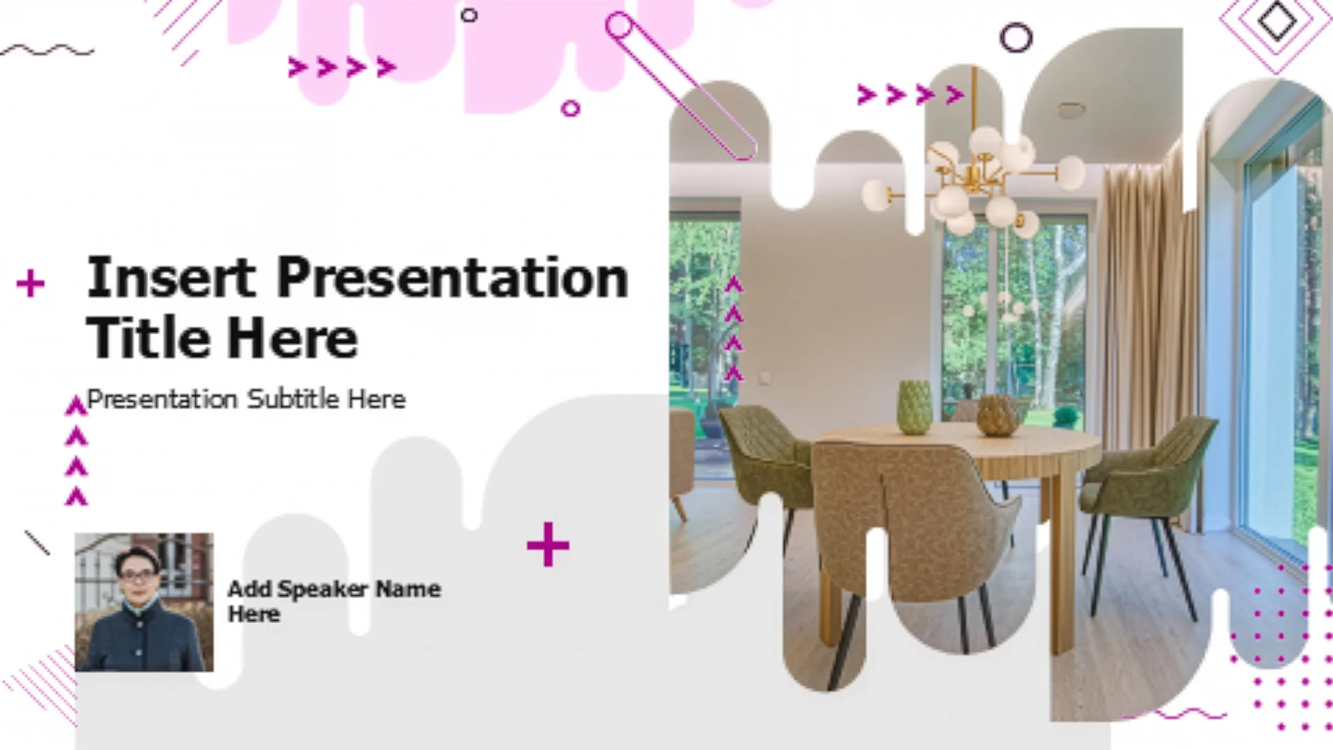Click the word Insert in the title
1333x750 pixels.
pos(171,278)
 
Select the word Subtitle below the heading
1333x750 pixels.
pos(294,399)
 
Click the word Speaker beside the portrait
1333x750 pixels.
pos(323,589)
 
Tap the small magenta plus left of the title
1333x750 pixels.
pos(31,283)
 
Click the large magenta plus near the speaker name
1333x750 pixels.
pos(548,544)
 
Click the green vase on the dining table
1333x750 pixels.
pos(914,408)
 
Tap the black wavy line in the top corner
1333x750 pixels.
pos(47,50)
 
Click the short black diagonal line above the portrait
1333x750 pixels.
pos(37,543)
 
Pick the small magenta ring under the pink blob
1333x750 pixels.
pos(570,108)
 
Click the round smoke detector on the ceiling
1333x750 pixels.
pos(1071,110)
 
